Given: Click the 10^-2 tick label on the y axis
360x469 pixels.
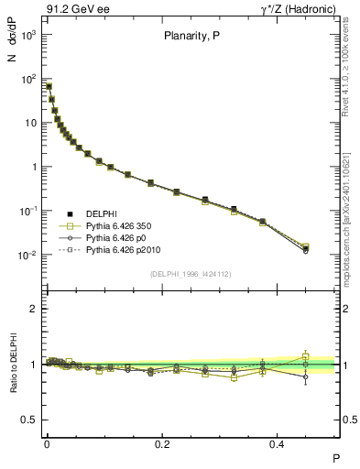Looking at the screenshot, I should [x=27, y=255].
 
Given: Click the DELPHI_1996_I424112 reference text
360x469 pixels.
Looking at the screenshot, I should [x=191, y=273].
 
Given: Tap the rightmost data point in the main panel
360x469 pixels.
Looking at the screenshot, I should [x=306, y=248].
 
